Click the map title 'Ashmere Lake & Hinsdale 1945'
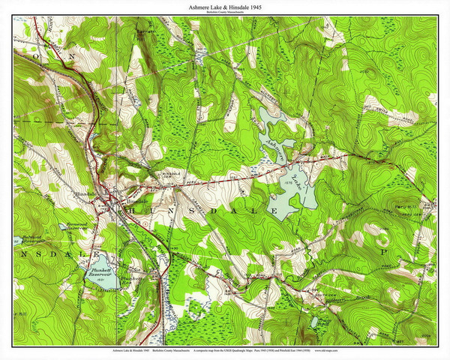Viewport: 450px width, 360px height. [x=225, y=7]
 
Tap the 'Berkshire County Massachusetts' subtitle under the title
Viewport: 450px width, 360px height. [x=225, y=13]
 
